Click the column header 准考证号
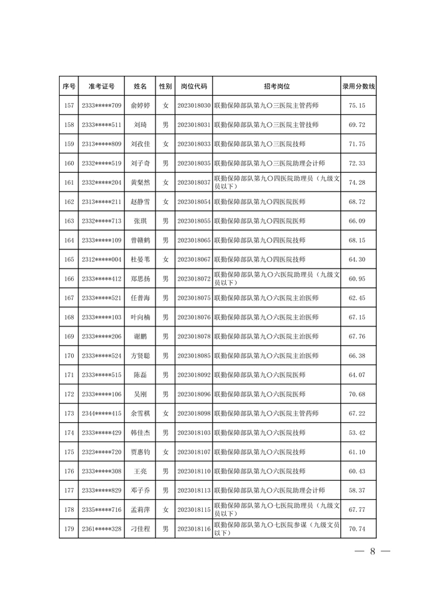pos(101,86)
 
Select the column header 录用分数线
pos(358,86)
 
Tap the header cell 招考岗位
pos(276,86)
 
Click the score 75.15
pos(358,106)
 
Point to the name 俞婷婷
pos(140,106)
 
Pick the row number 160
pos(68,163)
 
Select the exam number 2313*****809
pos(101,144)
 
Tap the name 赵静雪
pos(140,201)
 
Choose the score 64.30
pos(358,259)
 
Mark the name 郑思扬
pos(140,279)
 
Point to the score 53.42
pos(358,432)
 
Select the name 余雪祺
pos(140,414)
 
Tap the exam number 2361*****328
pos(101,529)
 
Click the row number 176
pos(68,471)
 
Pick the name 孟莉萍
pos(140,510)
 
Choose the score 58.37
pos(358,490)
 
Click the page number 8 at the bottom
pos(373,551)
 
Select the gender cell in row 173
pos(165,414)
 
